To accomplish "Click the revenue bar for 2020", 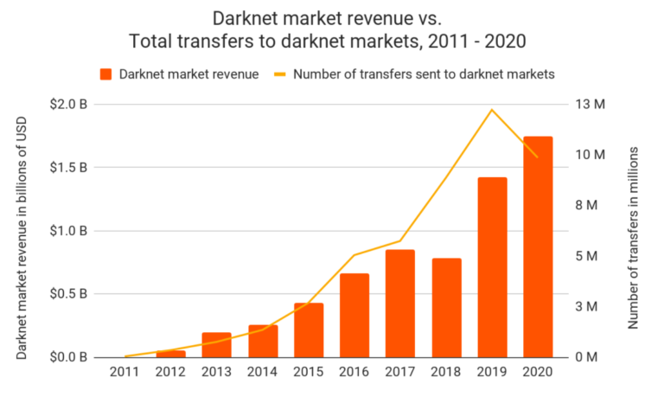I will pos(538,247).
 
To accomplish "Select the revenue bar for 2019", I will pos(492,266).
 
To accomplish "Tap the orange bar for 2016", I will pos(354,315).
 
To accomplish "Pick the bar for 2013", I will pos(217,344).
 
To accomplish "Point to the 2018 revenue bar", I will pos(446,307).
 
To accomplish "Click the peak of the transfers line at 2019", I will pos(492,110).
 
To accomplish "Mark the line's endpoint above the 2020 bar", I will pos(538,157).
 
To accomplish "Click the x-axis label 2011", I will pos(125,374).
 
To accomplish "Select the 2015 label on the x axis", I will pos(309,374).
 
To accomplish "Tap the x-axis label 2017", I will pos(400,374).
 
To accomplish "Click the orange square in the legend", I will pos(106,74).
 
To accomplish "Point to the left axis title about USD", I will pos(21,231).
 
